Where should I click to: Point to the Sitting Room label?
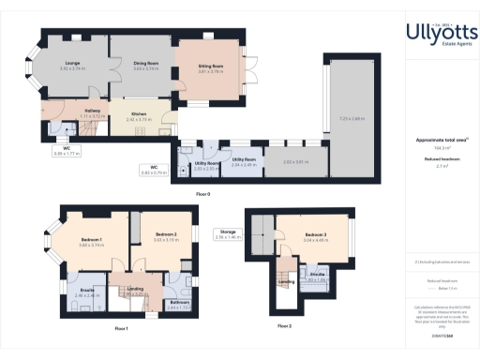point(210,67)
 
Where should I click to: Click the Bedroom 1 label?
point(91,240)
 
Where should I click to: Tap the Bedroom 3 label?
point(315,235)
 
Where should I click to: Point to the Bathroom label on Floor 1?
point(180,303)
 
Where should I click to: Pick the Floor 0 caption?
point(202,193)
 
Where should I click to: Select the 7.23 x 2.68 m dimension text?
point(351,118)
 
